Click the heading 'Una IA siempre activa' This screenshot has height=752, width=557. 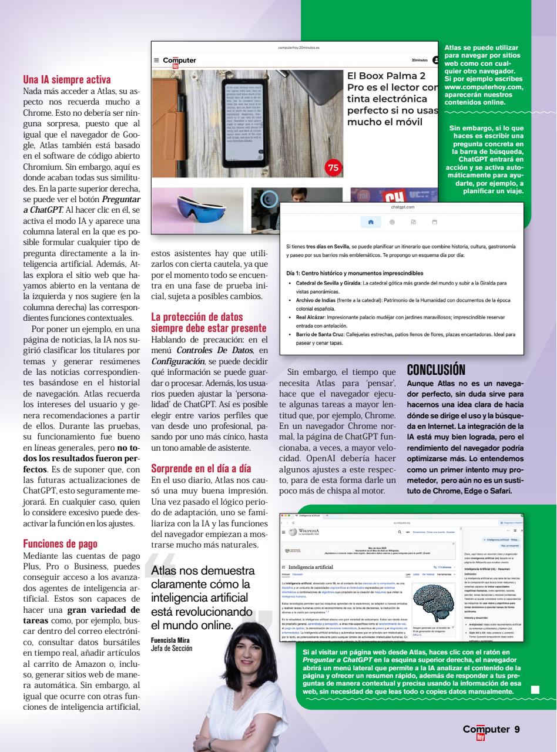point(75,78)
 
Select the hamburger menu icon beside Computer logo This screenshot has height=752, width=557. point(156,60)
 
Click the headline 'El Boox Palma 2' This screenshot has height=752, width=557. point(386,76)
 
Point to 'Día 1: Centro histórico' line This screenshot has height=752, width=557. point(351,273)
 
